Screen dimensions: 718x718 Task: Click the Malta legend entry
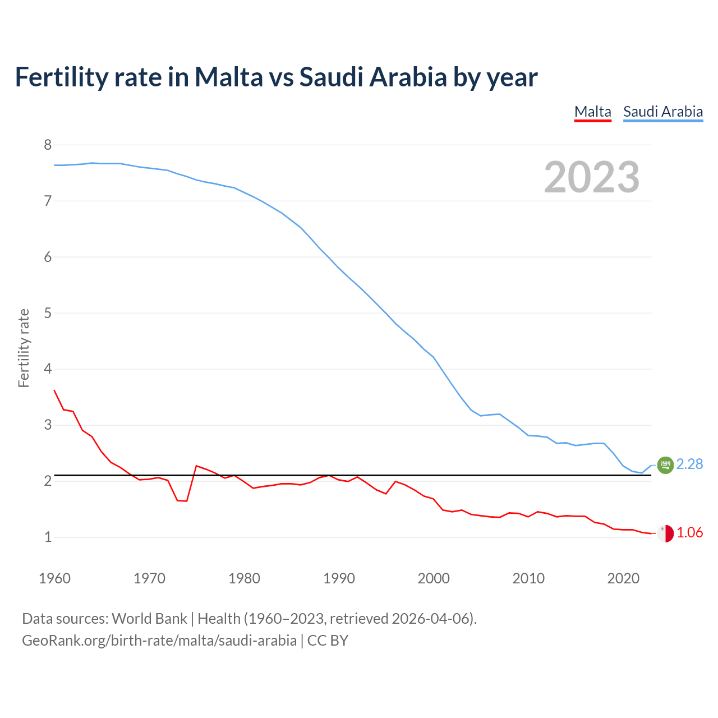[592, 112]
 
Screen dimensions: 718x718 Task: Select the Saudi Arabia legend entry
[662, 112]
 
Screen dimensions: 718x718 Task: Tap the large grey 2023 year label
[591, 177]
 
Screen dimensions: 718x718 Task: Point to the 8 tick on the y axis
[48, 145]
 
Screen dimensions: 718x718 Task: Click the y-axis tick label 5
[48, 313]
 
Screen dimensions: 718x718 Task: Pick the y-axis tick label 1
[48, 537]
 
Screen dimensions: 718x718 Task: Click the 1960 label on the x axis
[54, 578]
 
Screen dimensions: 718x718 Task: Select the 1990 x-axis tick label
[339, 578]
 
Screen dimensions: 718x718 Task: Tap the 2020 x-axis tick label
[623, 578]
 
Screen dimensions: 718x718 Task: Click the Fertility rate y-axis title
[24, 348]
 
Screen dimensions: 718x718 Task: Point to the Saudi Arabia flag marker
[665, 464]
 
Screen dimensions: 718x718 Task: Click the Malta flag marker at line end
[665, 533]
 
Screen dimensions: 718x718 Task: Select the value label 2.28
[689, 464]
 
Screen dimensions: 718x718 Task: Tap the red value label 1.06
[689, 532]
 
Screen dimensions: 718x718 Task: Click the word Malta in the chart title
[228, 77]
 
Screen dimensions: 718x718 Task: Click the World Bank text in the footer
[149, 618]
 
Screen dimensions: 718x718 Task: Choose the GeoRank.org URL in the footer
[159, 640]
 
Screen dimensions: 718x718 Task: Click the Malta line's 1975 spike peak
[196, 466]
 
